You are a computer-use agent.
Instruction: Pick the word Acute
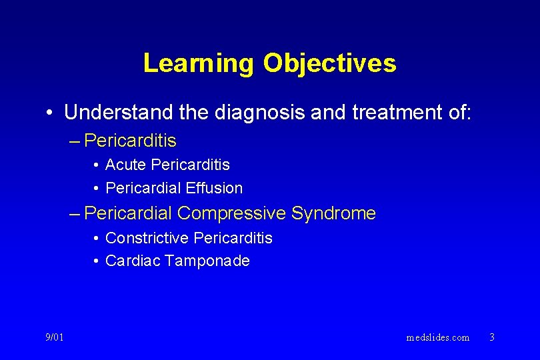coord(126,165)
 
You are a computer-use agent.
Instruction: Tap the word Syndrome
coord(334,213)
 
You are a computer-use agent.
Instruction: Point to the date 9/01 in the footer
coord(55,337)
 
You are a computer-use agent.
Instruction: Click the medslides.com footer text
coord(437,337)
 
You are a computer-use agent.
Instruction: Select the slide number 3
coord(492,337)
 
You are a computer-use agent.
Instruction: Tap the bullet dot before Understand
coord(50,113)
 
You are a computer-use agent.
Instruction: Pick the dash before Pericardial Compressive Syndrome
coord(75,214)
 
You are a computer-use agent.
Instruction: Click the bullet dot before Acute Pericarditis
coord(97,165)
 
